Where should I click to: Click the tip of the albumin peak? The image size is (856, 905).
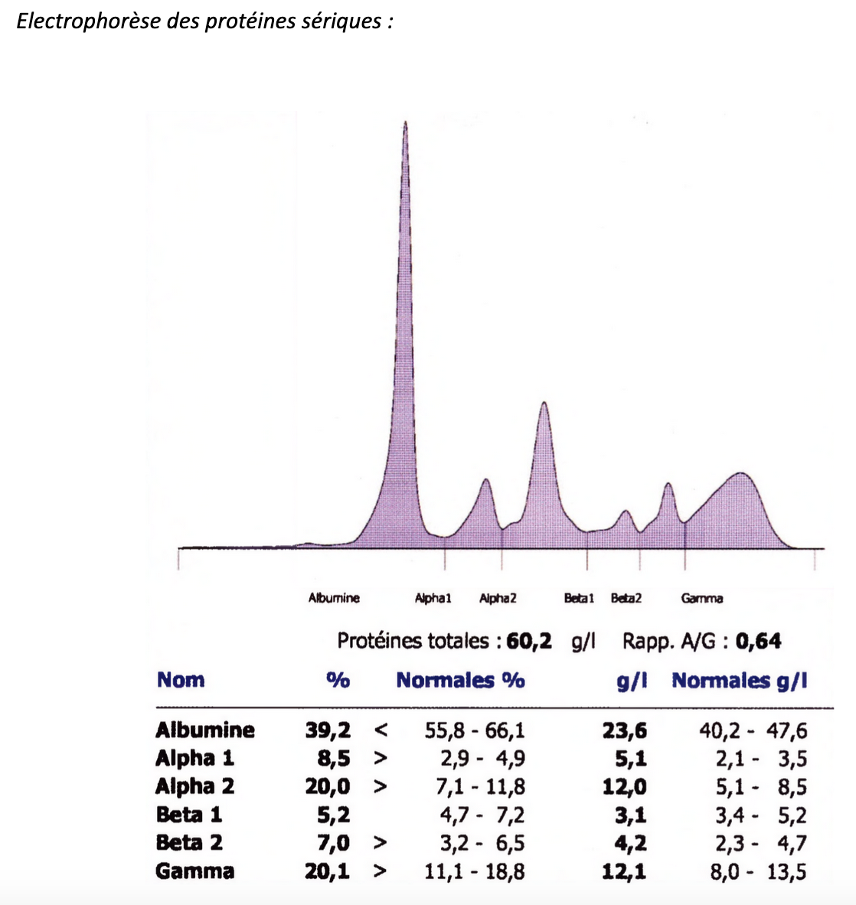click(405, 123)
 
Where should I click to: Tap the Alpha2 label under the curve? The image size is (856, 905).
click(498, 598)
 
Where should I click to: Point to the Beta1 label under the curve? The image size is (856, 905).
click(579, 598)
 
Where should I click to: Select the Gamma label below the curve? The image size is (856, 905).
click(701, 598)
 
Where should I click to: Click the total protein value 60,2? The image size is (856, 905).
click(529, 641)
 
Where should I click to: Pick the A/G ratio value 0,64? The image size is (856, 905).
click(758, 641)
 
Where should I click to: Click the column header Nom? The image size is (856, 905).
click(181, 680)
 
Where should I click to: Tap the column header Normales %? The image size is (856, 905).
click(460, 680)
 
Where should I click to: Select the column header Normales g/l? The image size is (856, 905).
click(739, 680)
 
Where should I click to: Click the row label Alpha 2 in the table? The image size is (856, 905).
click(194, 786)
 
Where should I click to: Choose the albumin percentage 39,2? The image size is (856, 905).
click(328, 730)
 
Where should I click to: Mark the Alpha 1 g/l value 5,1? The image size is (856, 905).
click(630, 758)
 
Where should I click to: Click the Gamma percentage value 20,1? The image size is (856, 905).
click(328, 871)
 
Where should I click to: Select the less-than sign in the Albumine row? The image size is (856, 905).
click(381, 730)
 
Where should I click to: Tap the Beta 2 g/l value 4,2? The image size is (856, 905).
click(630, 843)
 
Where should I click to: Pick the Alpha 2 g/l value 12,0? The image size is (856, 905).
click(625, 786)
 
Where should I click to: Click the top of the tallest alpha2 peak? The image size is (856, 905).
click(544, 403)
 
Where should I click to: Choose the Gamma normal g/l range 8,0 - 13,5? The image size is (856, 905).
click(758, 871)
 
